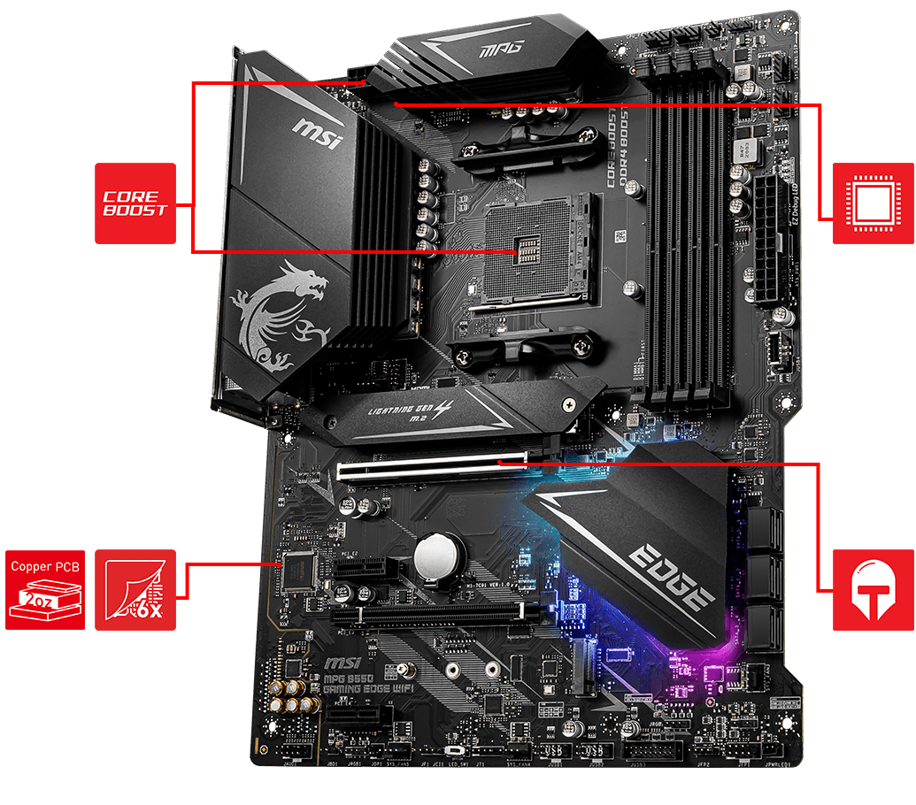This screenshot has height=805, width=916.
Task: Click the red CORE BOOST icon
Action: tap(135, 203)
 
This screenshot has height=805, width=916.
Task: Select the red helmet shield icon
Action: tap(874, 589)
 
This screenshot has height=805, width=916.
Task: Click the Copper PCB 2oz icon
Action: tap(44, 589)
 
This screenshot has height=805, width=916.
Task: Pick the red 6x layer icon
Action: tap(135, 589)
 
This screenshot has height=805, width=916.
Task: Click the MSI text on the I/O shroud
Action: tap(317, 135)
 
